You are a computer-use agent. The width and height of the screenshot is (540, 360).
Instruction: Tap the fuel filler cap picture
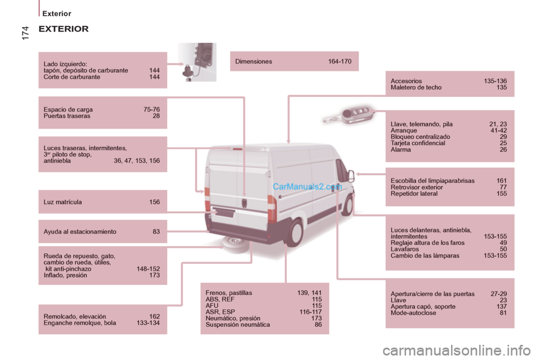(197, 62)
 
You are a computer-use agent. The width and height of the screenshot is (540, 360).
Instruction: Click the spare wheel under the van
(236, 244)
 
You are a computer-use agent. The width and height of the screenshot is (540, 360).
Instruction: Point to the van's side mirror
(350, 176)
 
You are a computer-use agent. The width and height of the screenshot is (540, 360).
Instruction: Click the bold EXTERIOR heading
(64, 29)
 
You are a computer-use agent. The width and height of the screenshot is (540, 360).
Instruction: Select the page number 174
(25, 33)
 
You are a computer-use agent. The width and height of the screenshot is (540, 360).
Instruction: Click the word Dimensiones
(254, 61)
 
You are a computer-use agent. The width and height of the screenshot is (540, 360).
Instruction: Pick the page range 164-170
(340, 61)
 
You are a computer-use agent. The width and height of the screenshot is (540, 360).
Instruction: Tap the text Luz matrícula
(62, 202)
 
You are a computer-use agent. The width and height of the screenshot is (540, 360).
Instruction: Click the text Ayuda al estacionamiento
(80, 232)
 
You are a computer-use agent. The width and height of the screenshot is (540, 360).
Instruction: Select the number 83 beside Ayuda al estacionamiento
(156, 232)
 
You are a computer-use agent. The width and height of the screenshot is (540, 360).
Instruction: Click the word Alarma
(400, 150)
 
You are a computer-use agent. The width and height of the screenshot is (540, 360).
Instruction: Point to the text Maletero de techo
(416, 88)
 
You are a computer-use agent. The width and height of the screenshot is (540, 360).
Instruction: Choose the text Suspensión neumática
(237, 325)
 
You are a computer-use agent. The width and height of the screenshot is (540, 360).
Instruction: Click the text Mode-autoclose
(413, 313)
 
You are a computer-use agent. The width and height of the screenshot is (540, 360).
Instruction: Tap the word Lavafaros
(404, 249)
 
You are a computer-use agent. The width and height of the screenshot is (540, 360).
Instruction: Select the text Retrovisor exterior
(417, 187)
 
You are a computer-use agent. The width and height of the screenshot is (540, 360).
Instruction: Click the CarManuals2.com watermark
(307, 187)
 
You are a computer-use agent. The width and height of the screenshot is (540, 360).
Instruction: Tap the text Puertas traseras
(67, 116)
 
